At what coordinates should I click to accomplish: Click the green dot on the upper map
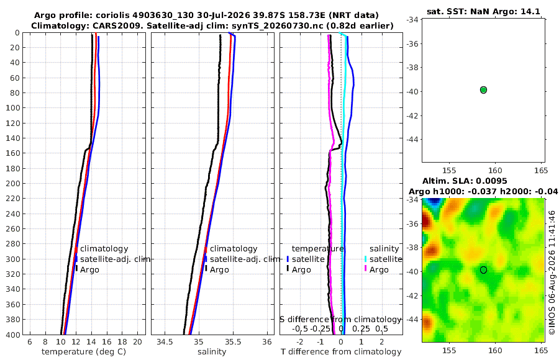click(x=483, y=90)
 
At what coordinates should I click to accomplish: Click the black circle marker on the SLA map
click(x=483, y=270)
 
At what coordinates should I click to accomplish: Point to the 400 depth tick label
click(x=12, y=335)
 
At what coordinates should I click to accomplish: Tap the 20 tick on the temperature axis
click(x=138, y=342)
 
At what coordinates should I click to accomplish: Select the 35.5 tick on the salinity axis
click(x=233, y=342)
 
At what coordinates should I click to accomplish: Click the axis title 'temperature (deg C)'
click(x=84, y=352)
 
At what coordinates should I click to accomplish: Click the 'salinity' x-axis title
click(x=212, y=352)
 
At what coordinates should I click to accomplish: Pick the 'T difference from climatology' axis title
click(x=341, y=352)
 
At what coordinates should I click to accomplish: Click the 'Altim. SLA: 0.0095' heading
click(x=465, y=181)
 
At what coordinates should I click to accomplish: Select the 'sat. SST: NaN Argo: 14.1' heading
click(x=483, y=11)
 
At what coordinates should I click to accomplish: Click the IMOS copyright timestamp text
click(x=552, y=272)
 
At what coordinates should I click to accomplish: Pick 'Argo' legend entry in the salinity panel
click(x=219, y=270)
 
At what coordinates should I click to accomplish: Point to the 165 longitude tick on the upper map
click(x=541, y=171)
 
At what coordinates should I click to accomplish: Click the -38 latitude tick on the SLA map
click(x=412, y=248)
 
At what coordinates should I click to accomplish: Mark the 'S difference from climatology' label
click(x=340, y=320)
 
